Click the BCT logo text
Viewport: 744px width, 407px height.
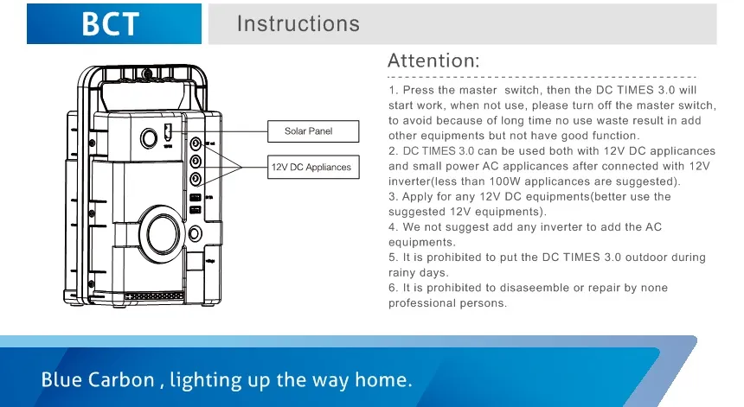point(110,23)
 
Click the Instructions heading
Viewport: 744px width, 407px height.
point(298,23)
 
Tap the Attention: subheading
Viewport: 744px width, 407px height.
point(433,60)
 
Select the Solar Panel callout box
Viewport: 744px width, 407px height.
point(308,131)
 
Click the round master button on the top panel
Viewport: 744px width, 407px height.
point(149,136)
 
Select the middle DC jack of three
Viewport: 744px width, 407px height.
point(196,161)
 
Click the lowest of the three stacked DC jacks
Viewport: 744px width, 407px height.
point(196,179)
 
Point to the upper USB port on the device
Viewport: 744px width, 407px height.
point(196,198)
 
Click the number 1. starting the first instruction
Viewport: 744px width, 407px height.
point(393,90)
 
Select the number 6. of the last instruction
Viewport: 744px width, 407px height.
point(393,288)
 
